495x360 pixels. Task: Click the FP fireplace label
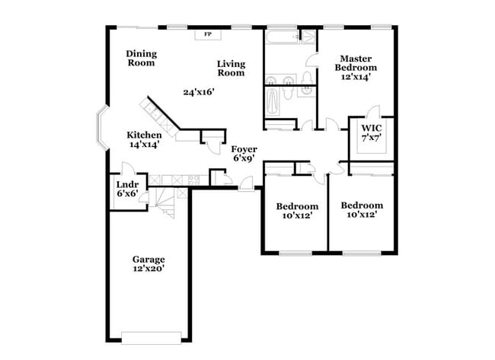[x=207, y=35]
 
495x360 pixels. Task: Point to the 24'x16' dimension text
[x=198, y=92]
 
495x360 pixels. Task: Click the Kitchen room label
[x=143, y=135]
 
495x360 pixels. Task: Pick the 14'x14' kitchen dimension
[x=143, y=145]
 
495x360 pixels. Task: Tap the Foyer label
[x=244, y=149]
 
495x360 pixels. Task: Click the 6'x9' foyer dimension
[x=244, y=159]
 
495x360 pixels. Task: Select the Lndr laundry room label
[x=126, y=185]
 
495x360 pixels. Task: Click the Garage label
[x=148, y=259]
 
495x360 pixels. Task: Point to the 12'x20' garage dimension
[x=148, y=269]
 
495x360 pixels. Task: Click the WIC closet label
[x=371, y=128]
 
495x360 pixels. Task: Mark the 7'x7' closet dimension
[x=371, y=138]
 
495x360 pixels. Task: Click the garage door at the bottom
[x=152, y=336]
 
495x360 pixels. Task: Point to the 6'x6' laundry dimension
[x=126, y=195]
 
